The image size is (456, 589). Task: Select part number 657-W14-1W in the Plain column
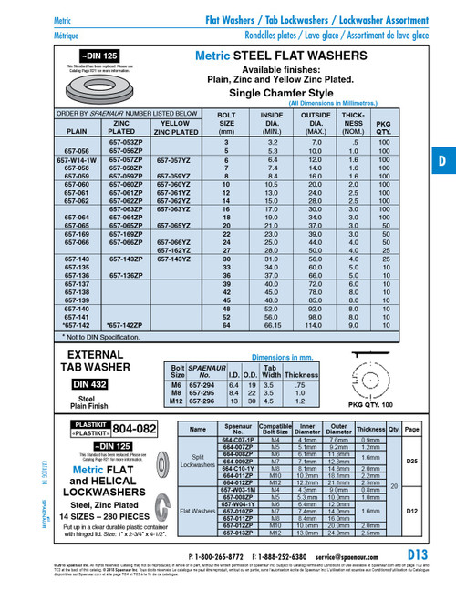(78, 159)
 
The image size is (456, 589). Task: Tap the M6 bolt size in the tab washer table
(179, 385)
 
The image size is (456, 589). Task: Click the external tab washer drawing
(377, 379)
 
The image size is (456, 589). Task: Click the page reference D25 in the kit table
(411, 461)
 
